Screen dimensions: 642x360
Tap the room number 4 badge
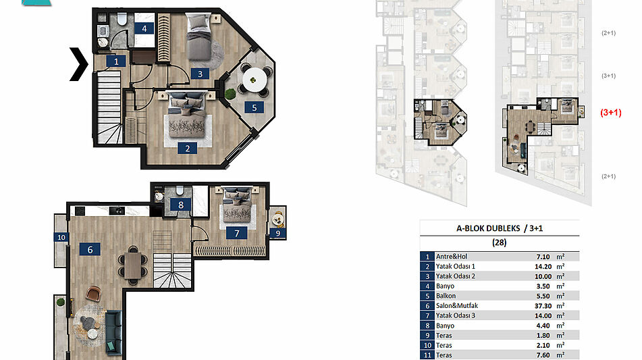pos(144,28)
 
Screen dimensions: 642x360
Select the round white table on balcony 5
pos(255,80)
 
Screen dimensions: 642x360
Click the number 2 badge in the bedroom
pos(188,149)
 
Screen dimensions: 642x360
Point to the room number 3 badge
pos(200,74)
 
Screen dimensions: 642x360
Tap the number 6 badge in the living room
pos(90,249)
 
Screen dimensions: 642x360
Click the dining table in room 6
pos(133,265)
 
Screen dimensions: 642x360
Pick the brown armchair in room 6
pos(93,293)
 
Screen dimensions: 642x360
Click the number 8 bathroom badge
pos(181,205)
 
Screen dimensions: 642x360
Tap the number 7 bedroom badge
pos(237,233)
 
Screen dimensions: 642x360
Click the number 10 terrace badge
pos(61,237)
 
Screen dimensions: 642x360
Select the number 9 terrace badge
pos(278,233)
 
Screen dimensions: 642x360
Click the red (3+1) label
pos(611,112)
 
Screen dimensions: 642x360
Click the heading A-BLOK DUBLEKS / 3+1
pos(500,228)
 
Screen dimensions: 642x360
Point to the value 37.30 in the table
pos(543,306)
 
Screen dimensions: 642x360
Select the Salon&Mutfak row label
pos(456,305)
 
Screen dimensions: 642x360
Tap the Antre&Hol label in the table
pos(451,257)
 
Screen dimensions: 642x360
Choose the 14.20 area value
pos(543,266)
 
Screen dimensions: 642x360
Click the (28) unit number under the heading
pos(499,242)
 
